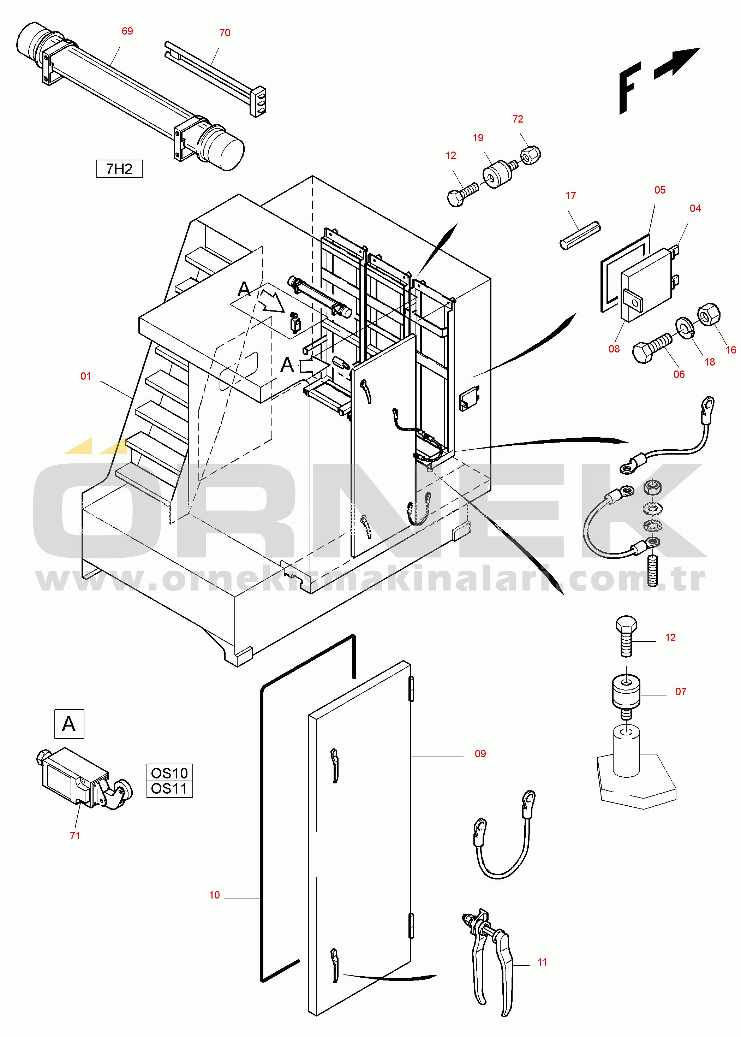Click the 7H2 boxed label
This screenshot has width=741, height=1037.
(119, 169)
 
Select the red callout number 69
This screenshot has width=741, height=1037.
(127, 31)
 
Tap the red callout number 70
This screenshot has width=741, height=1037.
(225, 33)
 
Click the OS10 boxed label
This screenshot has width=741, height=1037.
(169, 773)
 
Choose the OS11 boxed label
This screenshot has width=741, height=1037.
(169, 789)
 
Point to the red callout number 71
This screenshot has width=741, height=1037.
(75, 836)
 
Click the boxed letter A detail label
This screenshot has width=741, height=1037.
(69, 724)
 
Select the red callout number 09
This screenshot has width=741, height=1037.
(480, 754)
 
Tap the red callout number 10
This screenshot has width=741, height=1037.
(214, 895)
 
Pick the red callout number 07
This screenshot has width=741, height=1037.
(681, 692)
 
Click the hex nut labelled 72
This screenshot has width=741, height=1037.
(531, 155)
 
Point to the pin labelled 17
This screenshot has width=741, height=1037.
(580, 236)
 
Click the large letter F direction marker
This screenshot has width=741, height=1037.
(630, 88)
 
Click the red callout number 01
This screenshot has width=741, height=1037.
(86, 376)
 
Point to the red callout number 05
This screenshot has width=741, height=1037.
(660, 190)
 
